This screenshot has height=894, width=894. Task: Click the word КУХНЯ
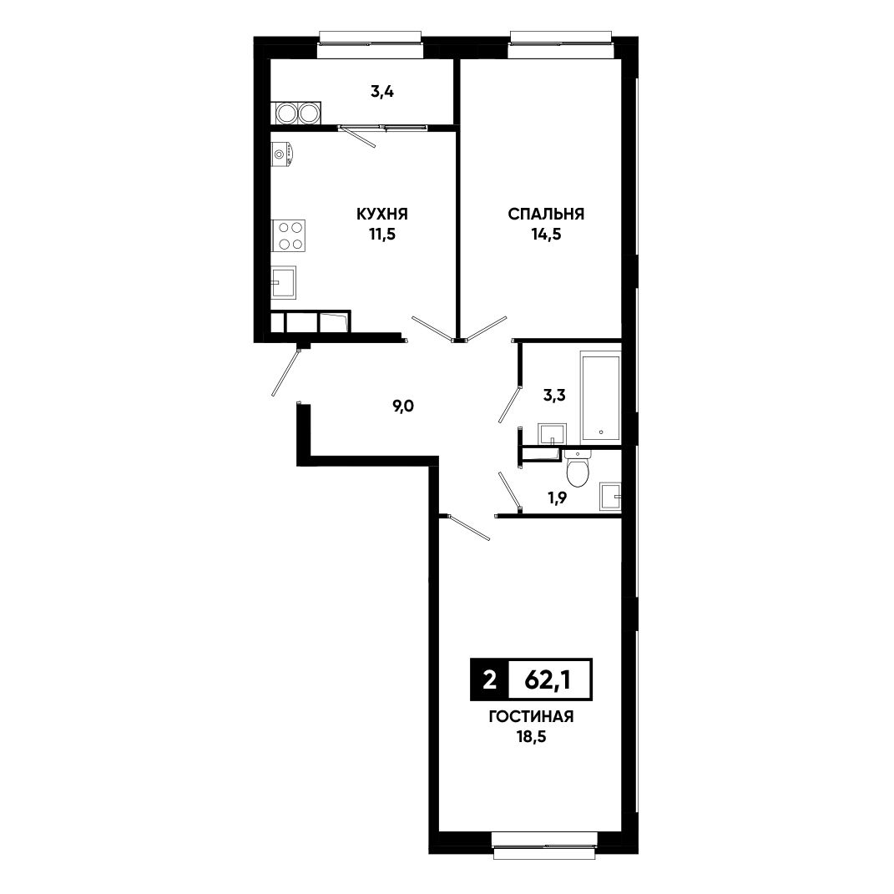point(382,214)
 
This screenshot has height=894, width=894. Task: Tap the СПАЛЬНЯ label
point(546,214)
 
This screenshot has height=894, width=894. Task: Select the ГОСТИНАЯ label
point(531,717)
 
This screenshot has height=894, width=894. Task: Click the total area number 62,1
point(548,679)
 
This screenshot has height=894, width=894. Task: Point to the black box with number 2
point(488,679)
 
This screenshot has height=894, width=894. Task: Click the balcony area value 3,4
point(382,91)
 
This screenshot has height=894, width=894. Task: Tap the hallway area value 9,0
point(402,407)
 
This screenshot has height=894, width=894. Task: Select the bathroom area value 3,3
point(553,395)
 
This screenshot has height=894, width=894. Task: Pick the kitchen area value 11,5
point(382,235)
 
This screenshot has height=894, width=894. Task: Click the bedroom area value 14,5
point(546,235)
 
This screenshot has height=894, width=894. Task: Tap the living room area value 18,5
point(531,736)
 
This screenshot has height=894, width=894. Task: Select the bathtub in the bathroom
point(600,398)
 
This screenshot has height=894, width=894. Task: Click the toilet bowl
point(578,468)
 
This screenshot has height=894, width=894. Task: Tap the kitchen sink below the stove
point(284,282)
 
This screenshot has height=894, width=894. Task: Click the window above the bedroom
point(561,44)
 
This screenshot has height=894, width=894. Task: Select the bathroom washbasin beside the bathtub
point(552,434)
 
